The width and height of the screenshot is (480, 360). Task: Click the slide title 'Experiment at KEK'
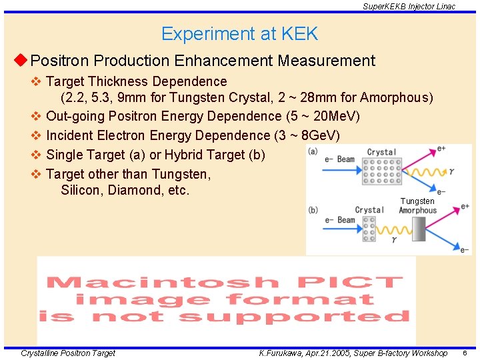pyautogui.click(x=239, y=34)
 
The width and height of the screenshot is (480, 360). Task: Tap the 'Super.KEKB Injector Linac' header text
pyautogui.click(x=409, y=6)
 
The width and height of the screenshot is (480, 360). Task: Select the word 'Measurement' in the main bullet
pyautogui.click(x=326, y=61)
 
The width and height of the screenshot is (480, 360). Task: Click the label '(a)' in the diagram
pyautogui.click(x=313, y=151)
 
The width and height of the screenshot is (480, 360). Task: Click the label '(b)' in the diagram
pyautogui.click(x=313, y=210)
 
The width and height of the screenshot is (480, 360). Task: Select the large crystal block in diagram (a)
pyautogui.click(x=381, y=171)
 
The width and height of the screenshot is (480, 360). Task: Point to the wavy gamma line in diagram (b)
pyautogui.click(x=394, y=233)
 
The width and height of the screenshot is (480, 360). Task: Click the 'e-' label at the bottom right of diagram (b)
pyautogui.click(x=464, y=250)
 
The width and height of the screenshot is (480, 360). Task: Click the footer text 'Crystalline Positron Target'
pyautogui.click(x=68, y=353)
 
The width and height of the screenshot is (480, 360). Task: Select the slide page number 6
pyautogui.click(x=464, y=353)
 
